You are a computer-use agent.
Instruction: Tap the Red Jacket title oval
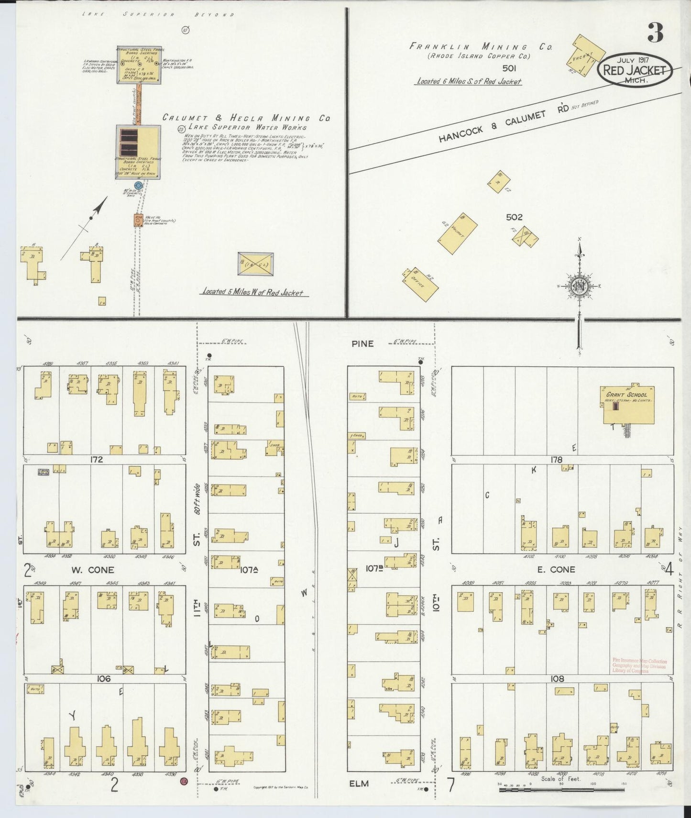(x=634, y=70)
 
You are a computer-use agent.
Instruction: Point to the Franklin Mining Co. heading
(x=481, y=47)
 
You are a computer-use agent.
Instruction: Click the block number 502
(x=514, y=217)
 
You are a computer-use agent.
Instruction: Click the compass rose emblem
(x=579, y=286)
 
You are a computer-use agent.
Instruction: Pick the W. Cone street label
(x=93, y=570)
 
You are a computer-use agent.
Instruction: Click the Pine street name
(x=362, y=343)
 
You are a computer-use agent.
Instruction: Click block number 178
(x=556, y=460)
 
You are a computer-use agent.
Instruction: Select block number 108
(x=557, y=678)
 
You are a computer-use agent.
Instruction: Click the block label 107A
(x=249, y=570)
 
